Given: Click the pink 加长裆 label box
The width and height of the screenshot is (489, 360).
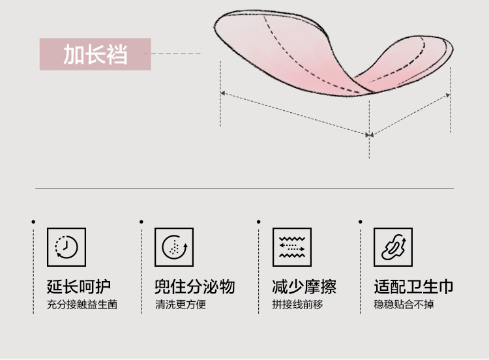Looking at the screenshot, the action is [x=95, y=54].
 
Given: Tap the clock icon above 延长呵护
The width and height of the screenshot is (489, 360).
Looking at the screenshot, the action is [x=67, y=247].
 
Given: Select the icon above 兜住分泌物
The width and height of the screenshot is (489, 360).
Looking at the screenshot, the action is [x=174, y=247].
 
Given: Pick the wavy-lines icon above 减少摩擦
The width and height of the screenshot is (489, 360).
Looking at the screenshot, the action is [x=291, y=247].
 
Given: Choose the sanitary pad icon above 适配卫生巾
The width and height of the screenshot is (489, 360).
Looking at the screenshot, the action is [x=393, y=247].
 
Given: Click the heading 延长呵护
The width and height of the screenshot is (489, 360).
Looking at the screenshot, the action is [x=79, y=287].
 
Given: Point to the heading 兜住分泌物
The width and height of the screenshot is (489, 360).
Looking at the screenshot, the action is [x=194, y=287].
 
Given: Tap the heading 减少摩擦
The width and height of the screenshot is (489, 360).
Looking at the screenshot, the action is [x=304, y=287].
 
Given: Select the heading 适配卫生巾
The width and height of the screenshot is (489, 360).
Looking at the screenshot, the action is [x=413, y=287].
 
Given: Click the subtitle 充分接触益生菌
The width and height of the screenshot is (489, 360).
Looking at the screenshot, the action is [x=82, y=305].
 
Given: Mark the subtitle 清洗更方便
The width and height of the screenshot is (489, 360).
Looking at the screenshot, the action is [x=181, y=305].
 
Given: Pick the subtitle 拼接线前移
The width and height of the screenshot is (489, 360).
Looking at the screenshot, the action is [x=297, y=305].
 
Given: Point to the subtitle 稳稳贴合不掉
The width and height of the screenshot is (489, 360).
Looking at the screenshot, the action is [x=404, y=305].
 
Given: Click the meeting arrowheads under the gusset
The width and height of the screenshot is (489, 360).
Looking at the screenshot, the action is [x=369, y=135].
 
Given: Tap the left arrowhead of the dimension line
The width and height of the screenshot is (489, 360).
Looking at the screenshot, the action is [x=222, y=94].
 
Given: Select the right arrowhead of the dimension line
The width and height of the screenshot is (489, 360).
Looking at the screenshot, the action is [x=448, y=95].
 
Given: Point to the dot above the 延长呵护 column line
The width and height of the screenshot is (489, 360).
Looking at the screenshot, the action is [x=33, y=222].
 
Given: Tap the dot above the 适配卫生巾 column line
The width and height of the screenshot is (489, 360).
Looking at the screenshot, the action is [x=359, y=222].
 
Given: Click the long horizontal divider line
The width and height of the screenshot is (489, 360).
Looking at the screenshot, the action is [x=244, y=188].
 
